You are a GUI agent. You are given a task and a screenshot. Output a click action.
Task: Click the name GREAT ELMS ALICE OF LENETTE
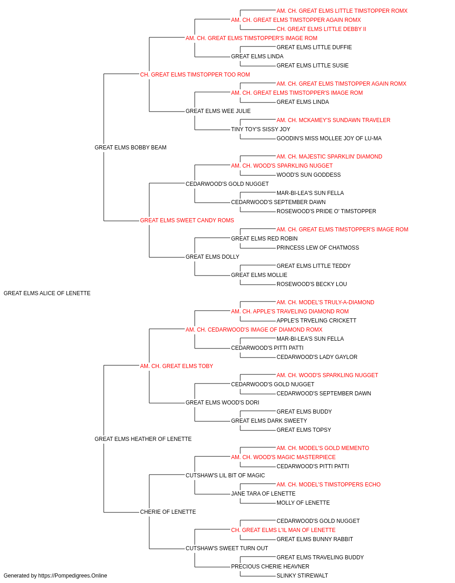[x=47, y=293]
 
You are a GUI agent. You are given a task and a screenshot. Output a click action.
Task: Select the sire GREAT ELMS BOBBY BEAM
[x=131, y=148]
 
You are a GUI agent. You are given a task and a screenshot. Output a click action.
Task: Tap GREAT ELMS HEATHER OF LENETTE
[x=143, y=439]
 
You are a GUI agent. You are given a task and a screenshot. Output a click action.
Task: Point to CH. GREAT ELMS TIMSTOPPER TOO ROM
[x=195, y=75]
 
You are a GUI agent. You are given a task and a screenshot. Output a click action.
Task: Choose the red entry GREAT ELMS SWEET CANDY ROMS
[x=187, y=220]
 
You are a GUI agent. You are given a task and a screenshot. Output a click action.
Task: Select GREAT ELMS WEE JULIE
[x=218, y=111]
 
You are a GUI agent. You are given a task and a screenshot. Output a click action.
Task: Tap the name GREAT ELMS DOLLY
[x=212, y=257]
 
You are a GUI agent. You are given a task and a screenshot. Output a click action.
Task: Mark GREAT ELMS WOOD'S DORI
[x=222, y=403]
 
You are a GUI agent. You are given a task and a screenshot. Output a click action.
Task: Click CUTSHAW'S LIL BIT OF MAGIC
[x=225, y=476]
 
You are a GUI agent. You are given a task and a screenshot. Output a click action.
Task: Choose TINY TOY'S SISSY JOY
[x=261, y=129]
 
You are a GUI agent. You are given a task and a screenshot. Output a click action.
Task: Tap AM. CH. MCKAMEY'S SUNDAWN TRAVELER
[x=334, y=120]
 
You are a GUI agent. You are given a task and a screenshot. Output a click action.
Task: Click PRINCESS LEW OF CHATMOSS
[x=318, y=248]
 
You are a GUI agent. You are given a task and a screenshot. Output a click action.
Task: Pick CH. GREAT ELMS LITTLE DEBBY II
[x=321, y=29]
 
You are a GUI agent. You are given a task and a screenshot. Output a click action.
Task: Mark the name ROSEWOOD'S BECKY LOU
[x=312, y=284]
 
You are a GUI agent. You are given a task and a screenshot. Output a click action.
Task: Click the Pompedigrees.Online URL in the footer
[x=73, y=576]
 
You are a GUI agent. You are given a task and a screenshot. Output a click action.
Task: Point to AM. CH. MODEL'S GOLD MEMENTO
[x=323, y=448]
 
